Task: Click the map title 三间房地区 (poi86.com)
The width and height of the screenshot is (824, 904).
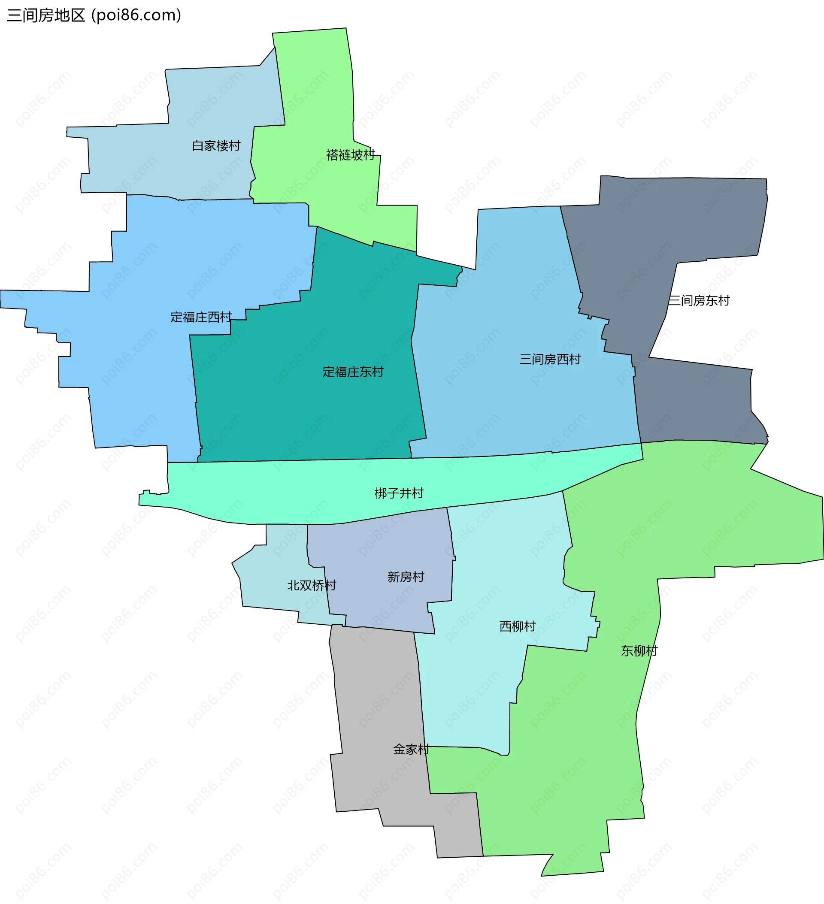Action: click(x=94, y=15)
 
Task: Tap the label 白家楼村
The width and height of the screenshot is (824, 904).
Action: click(x=216, y=146)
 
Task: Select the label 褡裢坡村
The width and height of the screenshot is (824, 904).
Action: click(x=351, y=155)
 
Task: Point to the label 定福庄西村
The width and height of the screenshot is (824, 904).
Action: click(x=201, y=317)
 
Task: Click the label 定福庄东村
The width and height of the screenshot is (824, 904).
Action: click(x=353, y=372)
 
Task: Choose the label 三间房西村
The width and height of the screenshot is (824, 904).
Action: click(x=550, y=360)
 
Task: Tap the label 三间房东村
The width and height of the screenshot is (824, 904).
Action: click(x=699, y=301)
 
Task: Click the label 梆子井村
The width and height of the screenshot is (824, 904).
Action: click(x=399, y=494)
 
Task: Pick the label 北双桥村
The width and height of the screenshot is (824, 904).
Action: click(x=312, y=586)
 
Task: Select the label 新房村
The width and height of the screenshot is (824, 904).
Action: click(x=406, y=577)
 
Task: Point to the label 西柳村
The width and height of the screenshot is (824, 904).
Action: click(x=518, y=626)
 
